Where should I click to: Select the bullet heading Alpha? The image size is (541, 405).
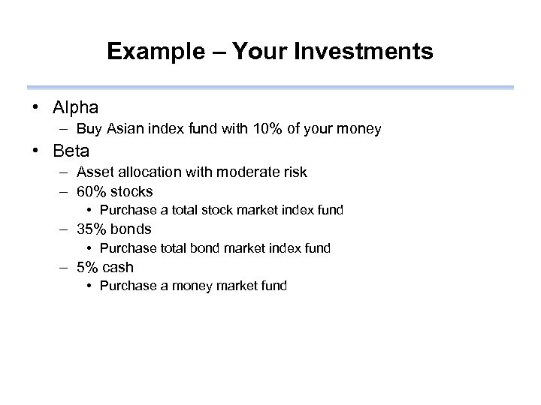76,108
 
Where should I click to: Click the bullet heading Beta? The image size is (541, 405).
71,151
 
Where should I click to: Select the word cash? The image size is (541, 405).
119,267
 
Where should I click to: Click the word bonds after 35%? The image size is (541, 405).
131,229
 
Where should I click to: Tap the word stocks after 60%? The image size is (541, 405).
132,191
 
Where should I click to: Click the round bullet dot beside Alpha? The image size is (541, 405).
37,108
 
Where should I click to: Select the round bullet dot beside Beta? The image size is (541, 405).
37,151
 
